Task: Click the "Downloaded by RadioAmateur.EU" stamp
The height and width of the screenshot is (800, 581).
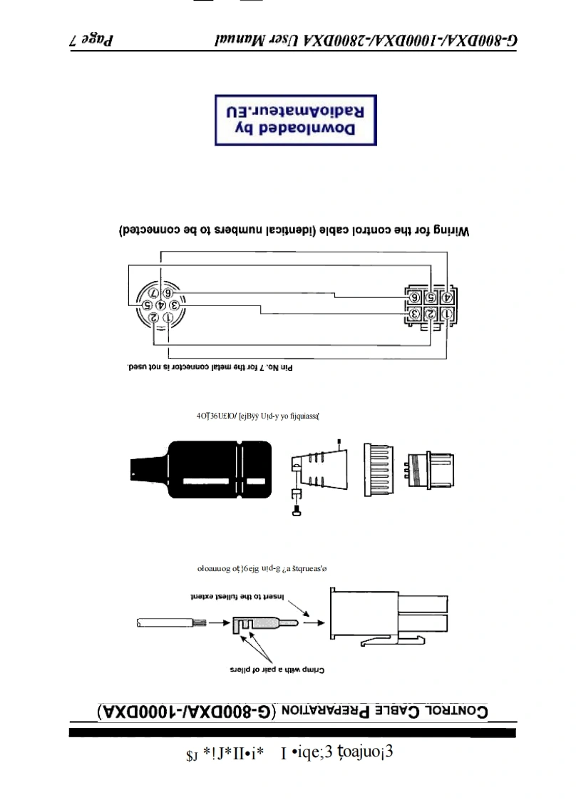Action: tap(296, 120)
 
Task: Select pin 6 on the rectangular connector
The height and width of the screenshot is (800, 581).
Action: tap(413, 297)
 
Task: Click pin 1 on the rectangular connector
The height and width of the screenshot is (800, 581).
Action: tap(447, 314)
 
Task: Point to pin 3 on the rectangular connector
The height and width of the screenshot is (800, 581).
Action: tap(413, 314)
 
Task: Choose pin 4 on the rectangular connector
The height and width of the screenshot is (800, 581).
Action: tap(447, 297)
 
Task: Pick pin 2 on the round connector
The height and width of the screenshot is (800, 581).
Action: tap(153, 317)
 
